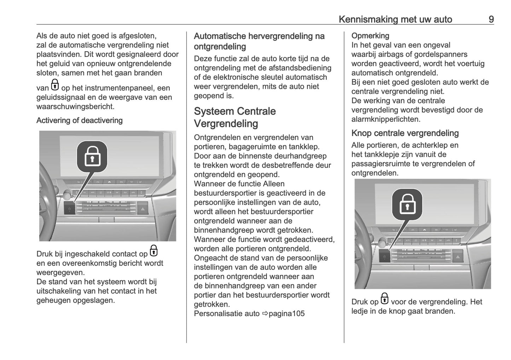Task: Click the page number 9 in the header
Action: coord(491,19)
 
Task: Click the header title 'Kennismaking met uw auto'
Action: coord(395,19)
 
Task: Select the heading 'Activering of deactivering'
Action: coord(79,121)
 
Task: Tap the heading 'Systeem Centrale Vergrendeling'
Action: coord(234,117)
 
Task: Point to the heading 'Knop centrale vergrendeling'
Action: coord(405,133)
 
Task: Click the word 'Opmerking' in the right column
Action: coord(370,36)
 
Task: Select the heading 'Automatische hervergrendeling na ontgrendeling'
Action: coord(259,41)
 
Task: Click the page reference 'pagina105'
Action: coord(286,314)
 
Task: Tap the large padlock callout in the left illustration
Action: coord(92,156)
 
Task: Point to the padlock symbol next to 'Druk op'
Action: coord(384,299)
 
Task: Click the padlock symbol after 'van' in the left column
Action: coord(55,85)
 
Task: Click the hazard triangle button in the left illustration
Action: coord(143,208)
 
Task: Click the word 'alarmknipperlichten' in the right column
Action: coord(386,119)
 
